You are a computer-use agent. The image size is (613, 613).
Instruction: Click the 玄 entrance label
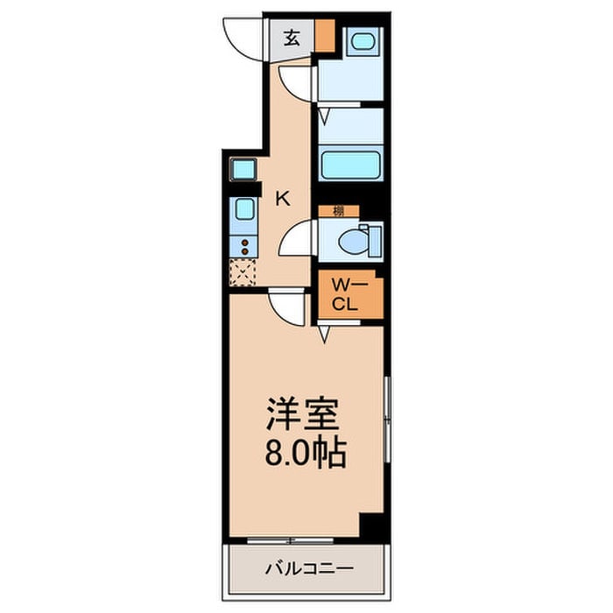coord(291,38)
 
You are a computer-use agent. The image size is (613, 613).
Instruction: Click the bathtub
coord(350,163)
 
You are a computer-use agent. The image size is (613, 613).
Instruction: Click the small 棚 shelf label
coord(338,210)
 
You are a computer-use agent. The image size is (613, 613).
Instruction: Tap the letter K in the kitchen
coord(282,198)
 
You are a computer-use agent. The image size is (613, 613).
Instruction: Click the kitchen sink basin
coord(243,211)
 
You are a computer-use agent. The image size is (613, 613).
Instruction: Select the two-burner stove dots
coord(244,248)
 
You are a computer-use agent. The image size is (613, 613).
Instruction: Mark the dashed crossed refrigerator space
coord(243,273)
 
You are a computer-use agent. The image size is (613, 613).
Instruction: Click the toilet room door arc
coord(298,238)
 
